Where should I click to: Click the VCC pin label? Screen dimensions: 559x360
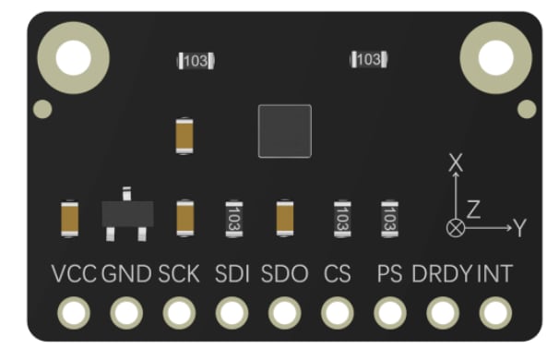[x=75, y=274]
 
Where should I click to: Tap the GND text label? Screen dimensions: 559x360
[x=127, y=274]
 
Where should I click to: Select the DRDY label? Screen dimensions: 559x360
[x=441, y=274]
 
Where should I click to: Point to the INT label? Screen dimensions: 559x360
[x=494, y=274]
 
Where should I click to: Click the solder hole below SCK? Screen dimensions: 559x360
[x=179, y=314]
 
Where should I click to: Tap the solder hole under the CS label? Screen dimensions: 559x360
[x=338, y=314]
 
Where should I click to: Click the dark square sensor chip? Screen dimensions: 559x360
[x=285, y=130]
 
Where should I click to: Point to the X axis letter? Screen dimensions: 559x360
[x=454, y=163]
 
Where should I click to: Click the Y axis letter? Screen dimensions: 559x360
[x=520, y=227]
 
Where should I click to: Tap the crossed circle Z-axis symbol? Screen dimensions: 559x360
[x=455, y=227]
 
